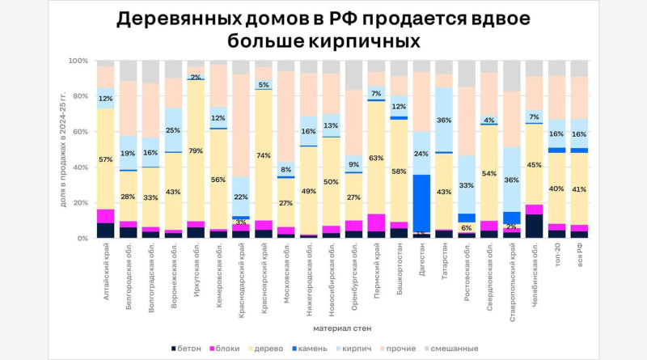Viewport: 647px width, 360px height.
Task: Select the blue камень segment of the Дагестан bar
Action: click(x=422, y=202)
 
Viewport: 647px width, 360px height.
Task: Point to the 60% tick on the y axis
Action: click(x=79, y=132)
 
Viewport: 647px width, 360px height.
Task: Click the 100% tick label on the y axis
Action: click(x=78, y=61)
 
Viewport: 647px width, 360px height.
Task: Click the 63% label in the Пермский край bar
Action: click(x=377, y=159)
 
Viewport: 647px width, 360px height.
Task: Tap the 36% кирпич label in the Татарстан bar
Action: click(x=445, y=121)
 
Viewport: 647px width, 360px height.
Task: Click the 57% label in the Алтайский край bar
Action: click(x=106, y=159)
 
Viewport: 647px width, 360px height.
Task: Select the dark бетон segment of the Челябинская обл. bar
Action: click(x=534, y=226)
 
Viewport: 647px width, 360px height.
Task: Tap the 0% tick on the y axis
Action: click(x=82, y=239)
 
